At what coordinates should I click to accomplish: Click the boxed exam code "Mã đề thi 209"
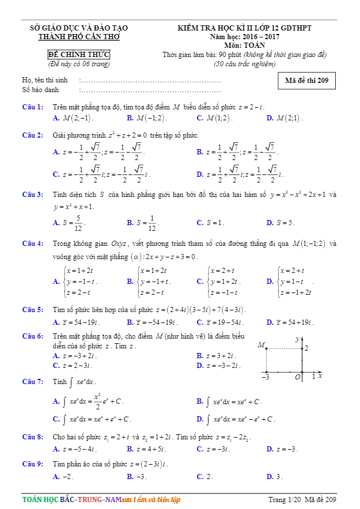tap(306, 81)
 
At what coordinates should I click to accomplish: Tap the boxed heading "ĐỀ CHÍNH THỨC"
tap(79, 55)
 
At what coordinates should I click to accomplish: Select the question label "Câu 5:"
tap(32, 310)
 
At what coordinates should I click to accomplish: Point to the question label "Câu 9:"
tap(32, 464)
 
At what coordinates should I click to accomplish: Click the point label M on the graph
tap(261, 345)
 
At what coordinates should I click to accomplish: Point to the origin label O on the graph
tap(298, 377)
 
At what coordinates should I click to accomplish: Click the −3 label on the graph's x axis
tap(265, 377)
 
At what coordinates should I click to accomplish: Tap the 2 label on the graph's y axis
tap(306, 348)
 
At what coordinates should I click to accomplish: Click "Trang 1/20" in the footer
tap(285, 499)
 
